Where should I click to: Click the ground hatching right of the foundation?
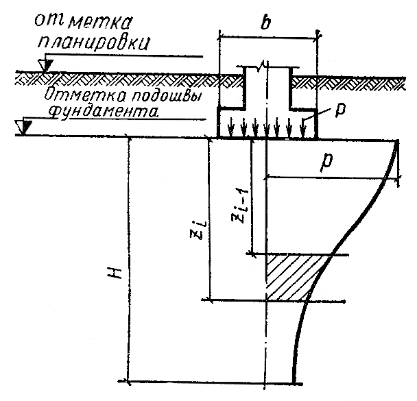pos(350,80)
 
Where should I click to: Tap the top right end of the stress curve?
pos(397,142)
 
